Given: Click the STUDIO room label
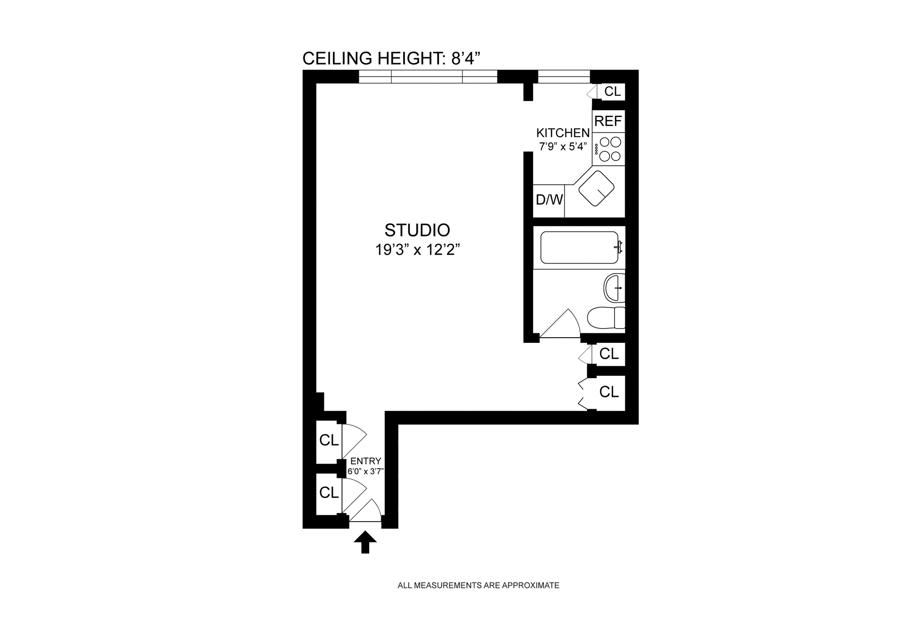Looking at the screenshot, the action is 417,230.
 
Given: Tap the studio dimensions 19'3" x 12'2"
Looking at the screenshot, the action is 417,250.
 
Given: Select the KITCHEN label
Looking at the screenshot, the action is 563,133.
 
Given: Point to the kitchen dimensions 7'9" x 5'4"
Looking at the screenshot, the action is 563,146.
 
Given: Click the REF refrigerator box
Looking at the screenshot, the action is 608,121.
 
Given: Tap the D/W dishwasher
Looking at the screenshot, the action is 549,200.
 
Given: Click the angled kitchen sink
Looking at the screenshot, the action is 596,188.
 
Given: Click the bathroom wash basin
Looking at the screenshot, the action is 614,288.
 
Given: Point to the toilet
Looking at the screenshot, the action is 605,318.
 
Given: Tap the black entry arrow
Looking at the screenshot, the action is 365,542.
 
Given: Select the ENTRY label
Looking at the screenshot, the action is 366,461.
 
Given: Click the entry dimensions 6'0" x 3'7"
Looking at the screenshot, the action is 366,472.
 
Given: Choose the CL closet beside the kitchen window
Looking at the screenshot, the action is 612,92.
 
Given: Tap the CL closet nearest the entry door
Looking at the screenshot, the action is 329,492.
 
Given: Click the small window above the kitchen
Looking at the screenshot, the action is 564,77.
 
